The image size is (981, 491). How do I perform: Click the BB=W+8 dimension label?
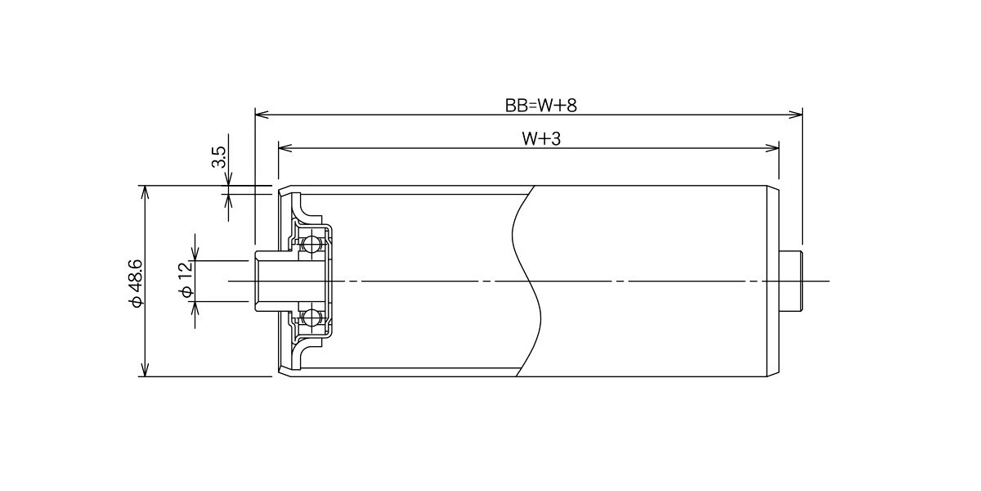pos(541,106)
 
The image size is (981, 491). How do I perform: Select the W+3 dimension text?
pos(541,139)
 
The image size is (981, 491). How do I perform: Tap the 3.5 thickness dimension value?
pos(218,157)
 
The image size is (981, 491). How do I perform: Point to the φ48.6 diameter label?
pos(137,283)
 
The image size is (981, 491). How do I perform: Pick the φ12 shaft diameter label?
pos(186,280)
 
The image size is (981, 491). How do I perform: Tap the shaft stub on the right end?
pos(792,281)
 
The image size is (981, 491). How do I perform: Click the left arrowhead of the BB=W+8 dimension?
pos(262,115)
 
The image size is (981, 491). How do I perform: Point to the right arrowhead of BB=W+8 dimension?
pos(795,115)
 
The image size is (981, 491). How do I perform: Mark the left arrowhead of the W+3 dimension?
pos(285,148)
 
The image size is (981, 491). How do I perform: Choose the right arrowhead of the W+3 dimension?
pos(772,148)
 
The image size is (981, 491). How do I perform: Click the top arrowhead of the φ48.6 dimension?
pos(146,192)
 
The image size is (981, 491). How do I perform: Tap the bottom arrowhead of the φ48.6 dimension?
pos(146,370)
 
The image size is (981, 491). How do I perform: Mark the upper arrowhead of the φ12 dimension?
pos(195,254)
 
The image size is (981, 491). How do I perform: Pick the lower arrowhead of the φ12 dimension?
pos(195,309)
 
